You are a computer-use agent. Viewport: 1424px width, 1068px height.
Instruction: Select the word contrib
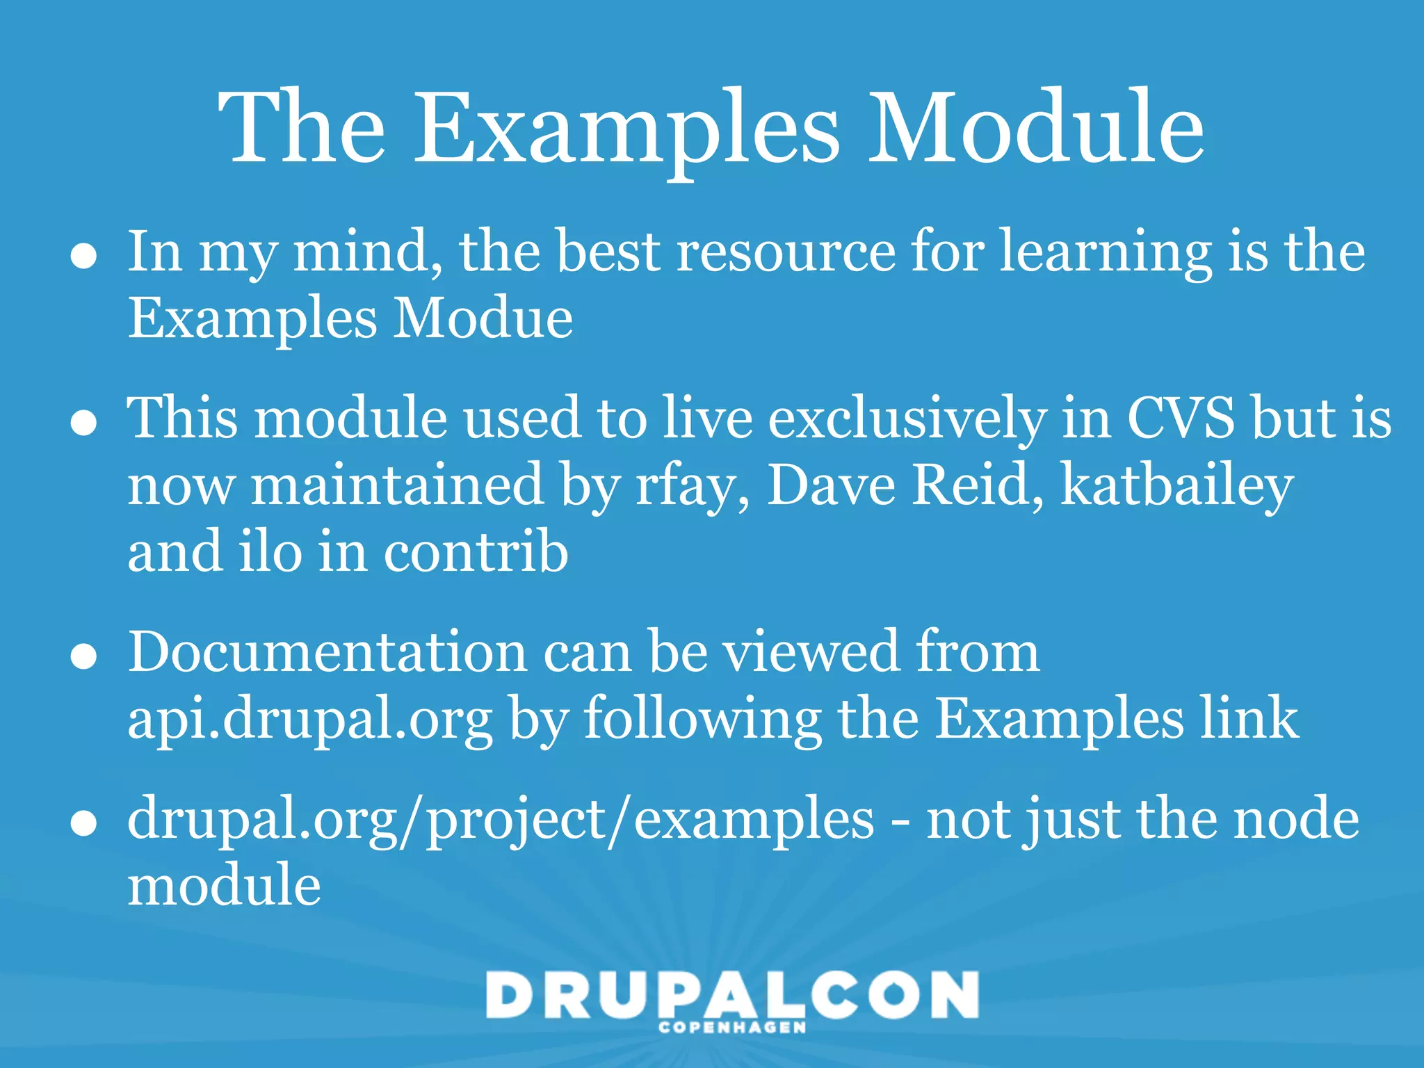coord(476,551)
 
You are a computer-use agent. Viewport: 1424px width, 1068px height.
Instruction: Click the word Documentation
coord(327,652)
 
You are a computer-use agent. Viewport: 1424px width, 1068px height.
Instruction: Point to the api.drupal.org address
coord(310,720)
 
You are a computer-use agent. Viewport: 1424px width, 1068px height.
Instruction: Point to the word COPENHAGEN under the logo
coord(732,1028)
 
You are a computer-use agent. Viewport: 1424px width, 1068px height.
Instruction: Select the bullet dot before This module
coord(84,422)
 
